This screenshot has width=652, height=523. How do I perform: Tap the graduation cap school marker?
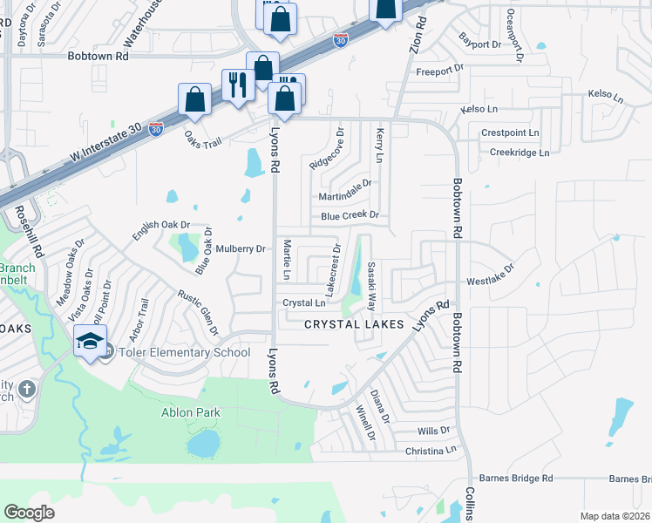click(x=89, y=343)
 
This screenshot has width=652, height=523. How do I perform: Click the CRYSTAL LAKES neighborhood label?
click(x=354, y=324)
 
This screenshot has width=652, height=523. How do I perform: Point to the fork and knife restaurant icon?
click(x=236, y=85)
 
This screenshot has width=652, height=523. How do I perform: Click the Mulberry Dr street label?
click(x=241, y=249)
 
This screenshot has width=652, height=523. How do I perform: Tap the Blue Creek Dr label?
click(x=350, y=215)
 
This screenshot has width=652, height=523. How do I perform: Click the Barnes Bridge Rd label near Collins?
click(x=517, y=479)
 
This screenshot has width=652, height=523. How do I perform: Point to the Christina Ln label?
click(x=431, y=451)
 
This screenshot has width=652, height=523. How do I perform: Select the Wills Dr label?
click(x=433, y=431)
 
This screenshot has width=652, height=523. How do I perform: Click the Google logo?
click(x=30, y=513)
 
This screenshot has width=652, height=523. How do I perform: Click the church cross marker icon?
click(x=27, y=388)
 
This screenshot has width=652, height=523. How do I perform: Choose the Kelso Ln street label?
click(x=479, y=109)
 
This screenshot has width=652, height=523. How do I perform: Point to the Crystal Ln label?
click(x=303, y=303)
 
